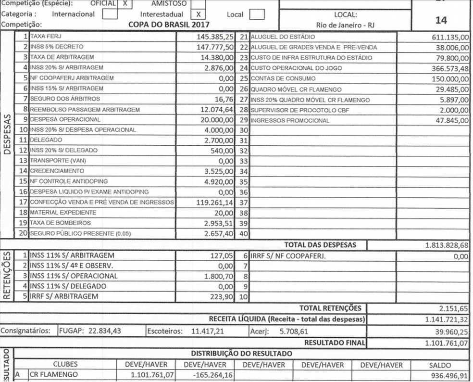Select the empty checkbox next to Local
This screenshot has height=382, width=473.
(x=257, y=14)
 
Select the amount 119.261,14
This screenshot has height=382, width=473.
(x=215, y=203)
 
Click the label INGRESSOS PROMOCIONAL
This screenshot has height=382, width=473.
(x=290, y=120)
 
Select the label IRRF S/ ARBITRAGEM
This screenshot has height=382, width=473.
(x=64, y=296)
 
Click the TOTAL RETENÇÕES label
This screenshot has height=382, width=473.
(x=330, y=308)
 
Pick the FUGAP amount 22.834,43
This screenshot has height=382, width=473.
(x=104, y=331)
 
